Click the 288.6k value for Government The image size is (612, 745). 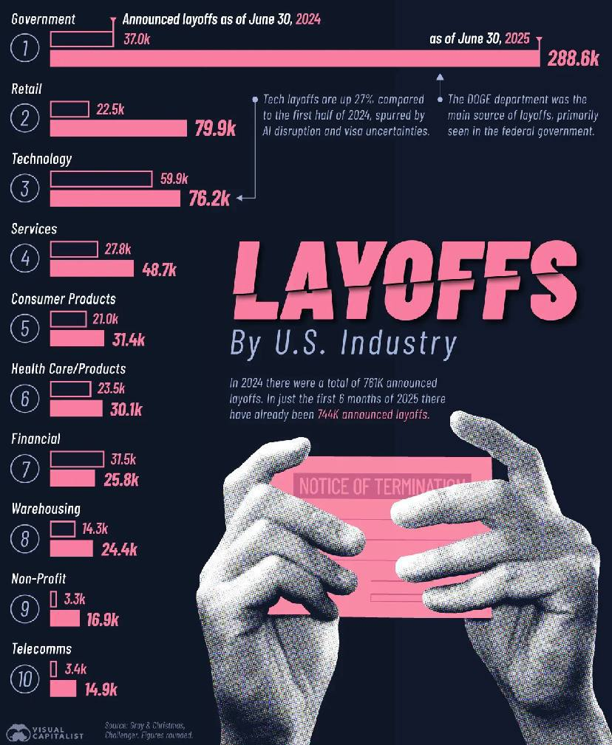(x=573, y=59)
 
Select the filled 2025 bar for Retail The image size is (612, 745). (x=118, y=128)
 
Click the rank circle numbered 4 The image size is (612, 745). (x=25, y=258)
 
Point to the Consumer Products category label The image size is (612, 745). (x=64, y=299)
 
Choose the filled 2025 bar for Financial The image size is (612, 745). (x=72, y=478)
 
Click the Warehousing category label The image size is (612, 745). (x=46, y=509)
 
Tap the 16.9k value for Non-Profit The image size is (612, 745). (x=103, y=619)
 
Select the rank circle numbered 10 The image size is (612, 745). (x=25, y=679)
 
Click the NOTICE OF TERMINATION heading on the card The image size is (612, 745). (x=383, y=486)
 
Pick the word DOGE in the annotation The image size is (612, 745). (x=483, y=99)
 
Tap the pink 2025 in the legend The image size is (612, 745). (x=517, y=38)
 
